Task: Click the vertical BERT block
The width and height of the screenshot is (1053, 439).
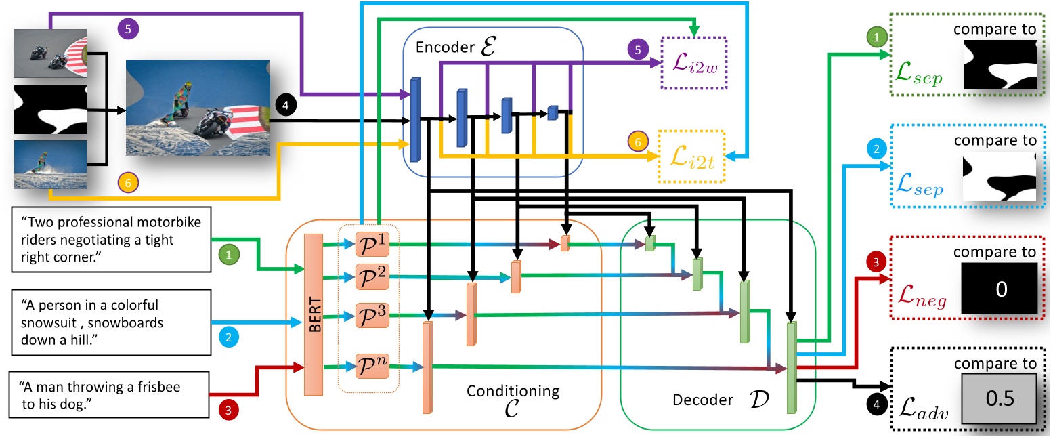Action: (314, 314)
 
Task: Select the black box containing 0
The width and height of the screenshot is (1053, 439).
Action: (1000, 289)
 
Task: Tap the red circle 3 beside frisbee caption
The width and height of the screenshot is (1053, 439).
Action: (228, 410)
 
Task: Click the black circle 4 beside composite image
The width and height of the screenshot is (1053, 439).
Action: (286, 106)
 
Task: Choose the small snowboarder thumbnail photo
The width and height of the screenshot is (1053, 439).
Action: (50, 165)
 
